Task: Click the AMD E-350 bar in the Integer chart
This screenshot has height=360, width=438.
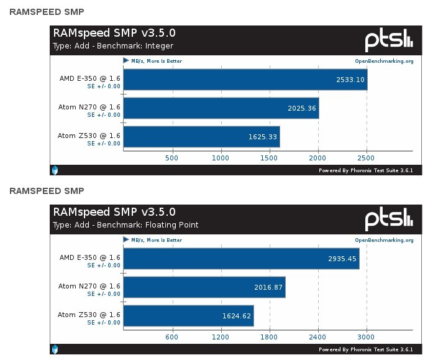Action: pos(245,80)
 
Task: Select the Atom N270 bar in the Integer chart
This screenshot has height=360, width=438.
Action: pos(221,108)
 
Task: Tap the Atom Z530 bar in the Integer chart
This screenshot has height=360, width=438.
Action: pos(202,137)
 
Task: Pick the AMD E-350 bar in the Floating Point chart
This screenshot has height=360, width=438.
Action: pos(241,259)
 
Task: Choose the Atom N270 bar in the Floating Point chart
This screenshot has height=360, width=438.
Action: pos(204,287)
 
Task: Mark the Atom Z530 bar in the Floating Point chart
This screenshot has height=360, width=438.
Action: pos(188,316)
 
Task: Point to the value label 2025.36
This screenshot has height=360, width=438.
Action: pos(303,108)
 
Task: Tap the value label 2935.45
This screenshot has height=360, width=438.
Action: pos(342,259)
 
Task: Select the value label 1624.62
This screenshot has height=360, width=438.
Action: pos(237,316)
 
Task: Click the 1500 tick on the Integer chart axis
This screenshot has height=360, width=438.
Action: pos(270,158)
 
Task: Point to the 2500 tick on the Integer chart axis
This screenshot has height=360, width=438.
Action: pos(367,158)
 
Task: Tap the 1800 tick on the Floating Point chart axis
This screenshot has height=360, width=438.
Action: pos(269,337)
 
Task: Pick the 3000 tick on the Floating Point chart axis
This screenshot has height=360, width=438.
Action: pos(367,337)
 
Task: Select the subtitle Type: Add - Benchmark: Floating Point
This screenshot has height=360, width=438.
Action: pos(125,225)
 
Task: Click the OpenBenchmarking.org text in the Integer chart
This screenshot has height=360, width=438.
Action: pos(384,61)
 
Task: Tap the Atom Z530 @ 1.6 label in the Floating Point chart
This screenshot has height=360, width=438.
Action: pos(89,315)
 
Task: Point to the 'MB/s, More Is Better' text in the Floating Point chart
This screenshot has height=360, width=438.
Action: pos(157,240)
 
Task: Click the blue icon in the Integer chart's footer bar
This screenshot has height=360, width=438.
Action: pos(55,170)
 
